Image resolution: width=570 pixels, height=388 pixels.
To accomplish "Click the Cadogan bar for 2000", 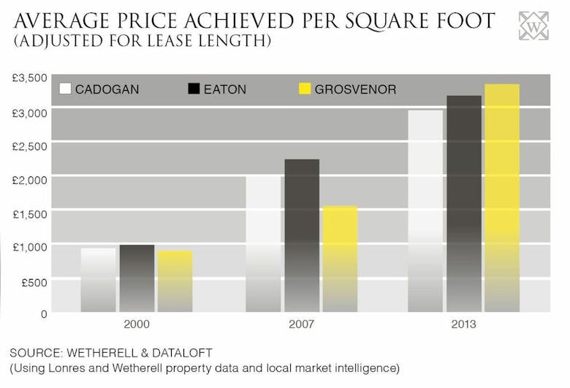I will coord(98,280).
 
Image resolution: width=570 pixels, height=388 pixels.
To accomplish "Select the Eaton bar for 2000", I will coord(137,278).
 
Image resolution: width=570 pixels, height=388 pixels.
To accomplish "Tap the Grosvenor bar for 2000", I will coord(175,281).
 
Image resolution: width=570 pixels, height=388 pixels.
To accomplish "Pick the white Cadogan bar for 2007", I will coord(263,243).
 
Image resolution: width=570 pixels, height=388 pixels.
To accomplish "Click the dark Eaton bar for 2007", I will coord(302,235).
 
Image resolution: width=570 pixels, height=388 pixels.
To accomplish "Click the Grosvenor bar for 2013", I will coord(502,198).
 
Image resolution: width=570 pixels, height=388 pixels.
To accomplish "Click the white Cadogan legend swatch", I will coord(65,89).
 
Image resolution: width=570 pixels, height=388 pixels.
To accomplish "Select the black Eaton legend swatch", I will coord(194,89).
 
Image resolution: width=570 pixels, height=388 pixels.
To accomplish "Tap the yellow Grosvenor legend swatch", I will coord(305,89).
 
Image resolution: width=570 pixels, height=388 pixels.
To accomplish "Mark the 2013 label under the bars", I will coord(463,324).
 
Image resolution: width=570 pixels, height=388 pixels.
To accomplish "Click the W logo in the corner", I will coord(533,27).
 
